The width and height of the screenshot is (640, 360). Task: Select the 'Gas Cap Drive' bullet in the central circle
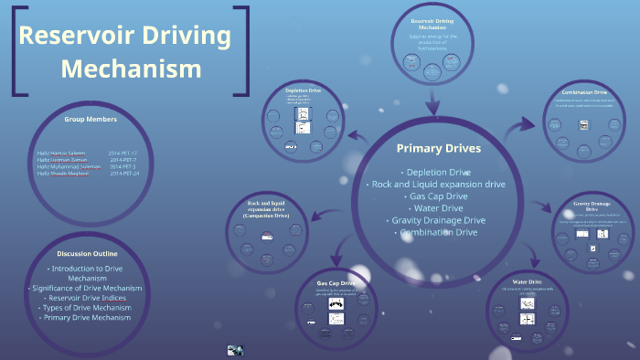[x=438, y=196]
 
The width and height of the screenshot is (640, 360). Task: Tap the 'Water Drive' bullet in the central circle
[x=438, y=208]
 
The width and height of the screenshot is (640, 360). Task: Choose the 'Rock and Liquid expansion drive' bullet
[x=438, y=184]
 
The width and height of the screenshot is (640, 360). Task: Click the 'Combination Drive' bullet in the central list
[x=438, y=232]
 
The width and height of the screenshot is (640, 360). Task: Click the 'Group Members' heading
[x=91, y=120]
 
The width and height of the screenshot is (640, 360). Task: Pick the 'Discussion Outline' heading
[x=87, y=253]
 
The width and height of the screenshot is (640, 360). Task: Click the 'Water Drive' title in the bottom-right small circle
[x=528, y=281]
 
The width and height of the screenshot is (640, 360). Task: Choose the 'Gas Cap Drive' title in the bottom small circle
[x=336, y=284]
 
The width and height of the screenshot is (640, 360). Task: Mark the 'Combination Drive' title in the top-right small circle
[x=587, y=92]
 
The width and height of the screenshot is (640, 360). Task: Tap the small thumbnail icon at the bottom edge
[x=236, y=350]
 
